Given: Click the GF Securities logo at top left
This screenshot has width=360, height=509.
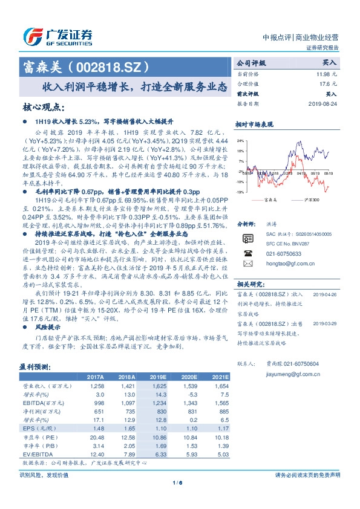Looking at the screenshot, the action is pyautogui.click(x=57, y=36).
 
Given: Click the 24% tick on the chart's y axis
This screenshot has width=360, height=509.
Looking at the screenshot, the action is pyautogui.click(x=240, y=141).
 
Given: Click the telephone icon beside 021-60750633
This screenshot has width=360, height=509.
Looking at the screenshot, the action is pyautogui.click(x=247, y=254).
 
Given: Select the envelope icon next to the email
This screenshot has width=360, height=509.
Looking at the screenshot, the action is pyautogui.click(x=247, y=264).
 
